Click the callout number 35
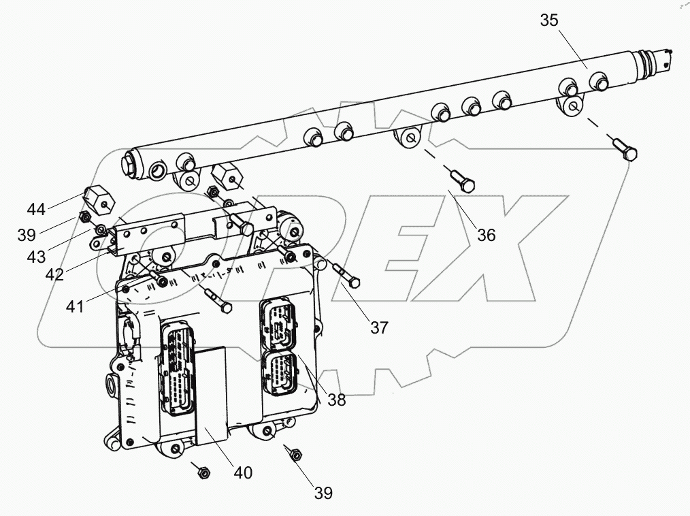(549, 20)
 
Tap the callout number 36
(486, 235)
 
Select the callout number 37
(379, 327)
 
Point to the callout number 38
(336, 400)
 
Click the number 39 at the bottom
(323, 493)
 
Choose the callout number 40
(242, 472)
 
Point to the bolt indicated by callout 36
(463, 181)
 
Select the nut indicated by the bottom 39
(296, 454)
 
